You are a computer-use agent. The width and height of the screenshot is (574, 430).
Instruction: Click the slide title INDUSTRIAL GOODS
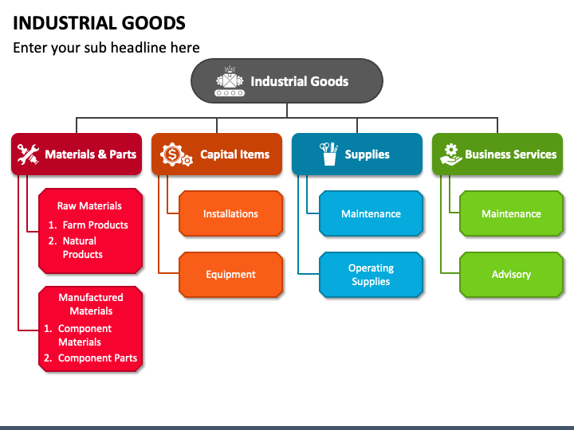(99, 23)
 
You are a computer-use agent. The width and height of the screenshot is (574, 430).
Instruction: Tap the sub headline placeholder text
(106, 48)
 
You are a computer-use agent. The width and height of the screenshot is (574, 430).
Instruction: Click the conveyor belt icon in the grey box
(230, 81)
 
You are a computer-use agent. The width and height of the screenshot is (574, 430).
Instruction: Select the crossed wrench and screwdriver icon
(28, 154)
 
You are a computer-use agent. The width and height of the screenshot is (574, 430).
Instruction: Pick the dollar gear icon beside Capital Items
(176, 154)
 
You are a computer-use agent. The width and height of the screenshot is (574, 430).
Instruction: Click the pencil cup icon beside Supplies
(328, 154)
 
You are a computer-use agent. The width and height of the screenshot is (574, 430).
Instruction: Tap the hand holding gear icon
(451, 154)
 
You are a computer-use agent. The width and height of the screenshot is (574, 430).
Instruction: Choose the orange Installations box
(230, 213)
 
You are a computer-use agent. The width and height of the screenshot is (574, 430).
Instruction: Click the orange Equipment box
(230, 275)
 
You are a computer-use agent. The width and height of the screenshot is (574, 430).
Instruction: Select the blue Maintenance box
(372, 213)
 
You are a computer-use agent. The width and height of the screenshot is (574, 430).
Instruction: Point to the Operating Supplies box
(372, 275)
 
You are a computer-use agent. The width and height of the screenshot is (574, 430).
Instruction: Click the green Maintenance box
(511, 213)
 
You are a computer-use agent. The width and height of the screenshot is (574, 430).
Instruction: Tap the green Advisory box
(511, 275)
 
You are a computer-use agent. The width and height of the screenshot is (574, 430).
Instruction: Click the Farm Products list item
(88, 225)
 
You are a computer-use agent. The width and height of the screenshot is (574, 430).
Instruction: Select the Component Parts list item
(90, 358)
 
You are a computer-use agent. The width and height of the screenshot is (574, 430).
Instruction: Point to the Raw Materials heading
(89, 206)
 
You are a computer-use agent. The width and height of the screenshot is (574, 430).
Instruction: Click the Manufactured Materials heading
(91, 304)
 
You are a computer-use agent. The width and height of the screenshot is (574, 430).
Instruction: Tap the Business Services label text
(511, 154)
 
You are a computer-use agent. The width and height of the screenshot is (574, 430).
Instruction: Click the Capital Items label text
(234, 154)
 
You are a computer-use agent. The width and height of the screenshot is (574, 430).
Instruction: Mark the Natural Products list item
(76, 248)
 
